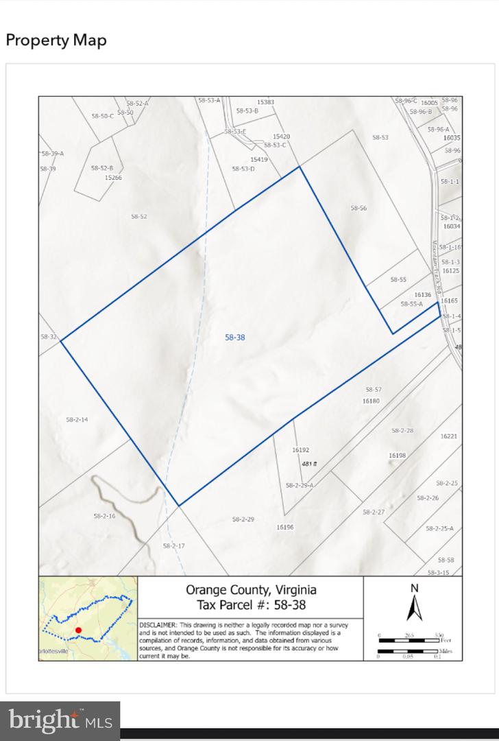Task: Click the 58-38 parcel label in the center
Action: [235, 337]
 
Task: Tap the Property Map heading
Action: [56, 40]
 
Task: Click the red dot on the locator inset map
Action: [78, 630]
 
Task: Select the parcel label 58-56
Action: [359, 208]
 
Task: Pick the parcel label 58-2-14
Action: [77, 419]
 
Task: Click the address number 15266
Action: [113, 177]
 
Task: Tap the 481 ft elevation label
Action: [310, 464]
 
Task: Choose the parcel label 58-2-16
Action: [104, 515]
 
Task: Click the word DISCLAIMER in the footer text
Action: [158, 625]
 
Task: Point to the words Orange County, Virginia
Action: [251, 590]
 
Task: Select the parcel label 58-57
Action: [373, 390]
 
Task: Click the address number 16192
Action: [301, 450]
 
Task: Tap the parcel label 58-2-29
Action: [243, 519]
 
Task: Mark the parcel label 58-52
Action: [139, 216]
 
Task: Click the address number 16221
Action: [449, 436]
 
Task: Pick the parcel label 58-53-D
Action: [243, 169]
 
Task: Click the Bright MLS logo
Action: [60, 721]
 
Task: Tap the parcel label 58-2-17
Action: [174, 545]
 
